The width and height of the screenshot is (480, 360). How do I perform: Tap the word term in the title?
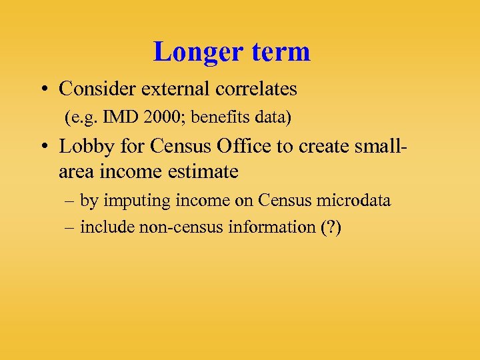pyautogui.click(x=279, y=52)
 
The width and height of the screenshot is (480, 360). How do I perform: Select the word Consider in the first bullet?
pyautogui.click(x=97, y=89)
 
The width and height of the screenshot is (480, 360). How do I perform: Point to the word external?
pyautogui.click(x=173, y=89)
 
